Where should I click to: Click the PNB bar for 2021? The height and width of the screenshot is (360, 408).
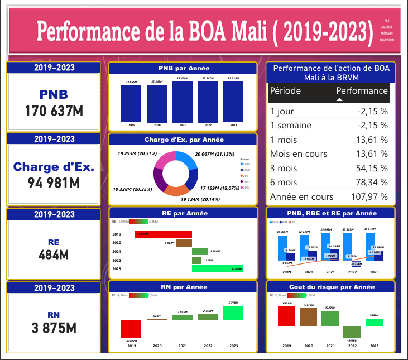pos(183,102)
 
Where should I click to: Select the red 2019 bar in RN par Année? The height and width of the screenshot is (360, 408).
pos(131,328)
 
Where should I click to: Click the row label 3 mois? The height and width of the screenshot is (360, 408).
pos(284,168)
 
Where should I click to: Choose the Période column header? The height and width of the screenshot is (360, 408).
pos(286,91)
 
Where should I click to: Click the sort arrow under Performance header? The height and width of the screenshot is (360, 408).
pos(339,99)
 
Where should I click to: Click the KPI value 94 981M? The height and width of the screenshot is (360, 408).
pos(54,182)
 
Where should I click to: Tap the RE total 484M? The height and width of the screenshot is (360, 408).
pos(54,255)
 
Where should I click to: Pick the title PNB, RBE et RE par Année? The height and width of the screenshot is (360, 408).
pos(331,213)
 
